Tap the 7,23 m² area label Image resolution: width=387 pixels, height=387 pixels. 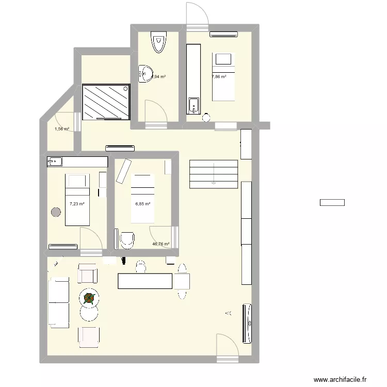click(x=77, y=204)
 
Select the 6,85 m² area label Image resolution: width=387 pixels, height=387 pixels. click(x=143, y=204)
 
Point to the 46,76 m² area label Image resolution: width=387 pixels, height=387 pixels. click(x=160, y=244)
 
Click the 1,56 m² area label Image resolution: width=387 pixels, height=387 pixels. click(x=61, y=129)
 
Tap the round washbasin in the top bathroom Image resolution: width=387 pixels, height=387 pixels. click(x=144, y=73)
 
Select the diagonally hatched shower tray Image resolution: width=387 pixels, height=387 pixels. click(x=106, y=102)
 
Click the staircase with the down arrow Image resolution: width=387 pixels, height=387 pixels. click(x=214, y=174)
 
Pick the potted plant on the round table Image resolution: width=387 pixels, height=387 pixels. click(x=89, y=298)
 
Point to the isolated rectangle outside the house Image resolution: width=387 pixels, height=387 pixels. click(x=332, y=203)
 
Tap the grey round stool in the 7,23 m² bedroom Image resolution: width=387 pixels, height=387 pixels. click(x=56, y=211)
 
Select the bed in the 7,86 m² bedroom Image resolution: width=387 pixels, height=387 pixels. click(x=223, y=76)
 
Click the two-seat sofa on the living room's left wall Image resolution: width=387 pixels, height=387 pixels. click(x=58, y=302)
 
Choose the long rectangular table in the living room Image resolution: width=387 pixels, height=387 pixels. click(x=144, y=281)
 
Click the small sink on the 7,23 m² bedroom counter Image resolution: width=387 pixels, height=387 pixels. click(x=54, y=162)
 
